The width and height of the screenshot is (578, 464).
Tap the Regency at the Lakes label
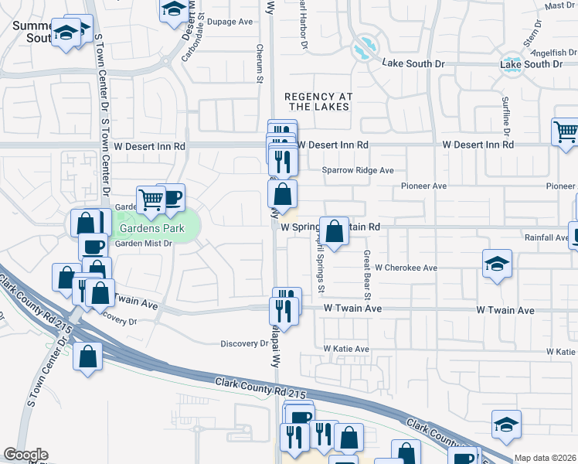[x=318, y=101]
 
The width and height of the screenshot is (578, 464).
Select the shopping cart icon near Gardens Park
[x=151, y=201]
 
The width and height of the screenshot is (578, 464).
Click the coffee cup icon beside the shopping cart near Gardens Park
[x=171, y=197]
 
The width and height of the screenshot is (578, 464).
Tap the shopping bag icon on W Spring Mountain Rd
[x=334, y=231]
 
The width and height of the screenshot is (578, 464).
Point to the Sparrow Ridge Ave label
[x=358, y=170]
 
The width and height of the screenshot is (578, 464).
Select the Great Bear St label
[x=368, y=275]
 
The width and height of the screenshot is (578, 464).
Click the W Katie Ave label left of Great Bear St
[x=346, y=350]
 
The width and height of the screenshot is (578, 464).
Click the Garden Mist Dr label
[x=143, y=244]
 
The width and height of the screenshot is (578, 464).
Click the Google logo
[x=25, y=455]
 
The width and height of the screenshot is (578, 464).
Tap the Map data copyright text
[x=545, y=458]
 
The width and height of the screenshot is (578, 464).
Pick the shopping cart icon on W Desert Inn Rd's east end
[x=566, y=132]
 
